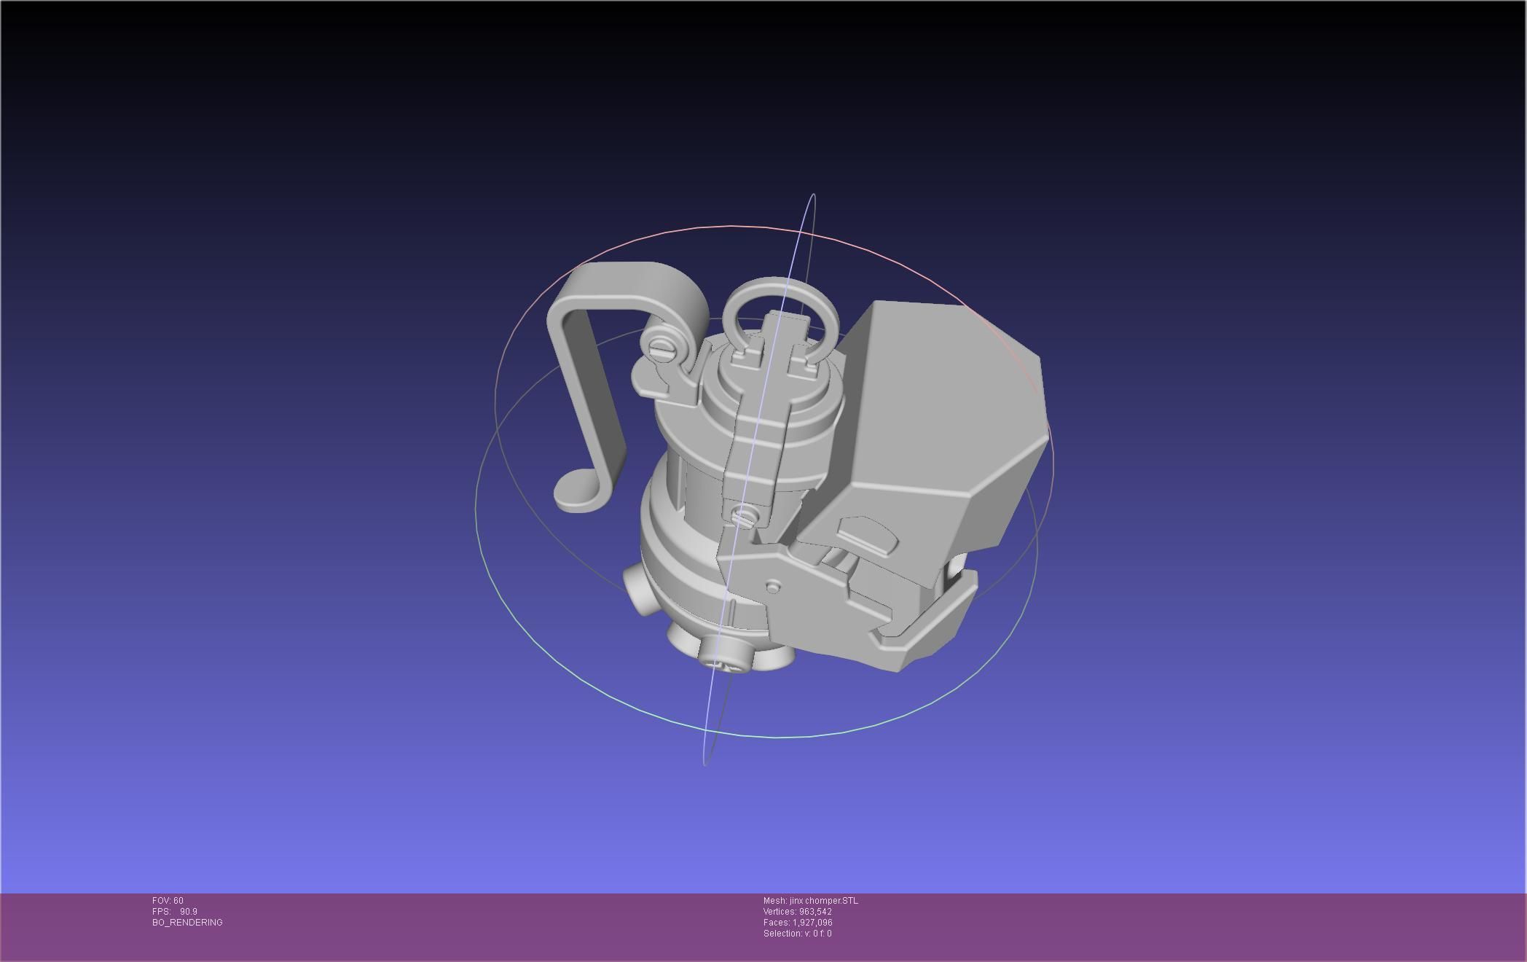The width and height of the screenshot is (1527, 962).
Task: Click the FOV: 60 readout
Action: [x=168, y=901]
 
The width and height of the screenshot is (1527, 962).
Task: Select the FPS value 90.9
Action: [x=188, y=912]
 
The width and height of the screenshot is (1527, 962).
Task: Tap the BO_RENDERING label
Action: [x=187, y=923]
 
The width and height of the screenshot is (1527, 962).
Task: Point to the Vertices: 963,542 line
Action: [x=797, y=912]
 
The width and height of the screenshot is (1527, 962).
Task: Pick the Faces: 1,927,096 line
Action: [x=797, y=923]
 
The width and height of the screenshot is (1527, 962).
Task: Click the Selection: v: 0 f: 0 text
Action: [x=797, y=934]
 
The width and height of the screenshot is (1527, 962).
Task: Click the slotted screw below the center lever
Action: [x=745, y=517]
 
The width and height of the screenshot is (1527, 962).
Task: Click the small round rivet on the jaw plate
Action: [x=773, y=586]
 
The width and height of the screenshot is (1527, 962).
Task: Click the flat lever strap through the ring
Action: [x=758, y=437]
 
